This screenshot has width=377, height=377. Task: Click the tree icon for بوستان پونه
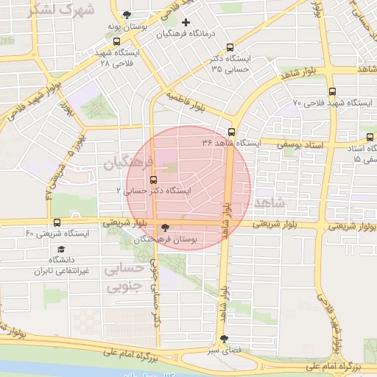128,15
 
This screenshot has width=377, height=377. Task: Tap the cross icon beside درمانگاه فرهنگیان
186,22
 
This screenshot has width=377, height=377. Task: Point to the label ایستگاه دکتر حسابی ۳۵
228,63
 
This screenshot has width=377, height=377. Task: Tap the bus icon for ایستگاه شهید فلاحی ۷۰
332,93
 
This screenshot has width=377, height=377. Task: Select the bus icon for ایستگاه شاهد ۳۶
231,132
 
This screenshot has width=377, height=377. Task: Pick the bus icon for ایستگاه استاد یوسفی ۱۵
369,137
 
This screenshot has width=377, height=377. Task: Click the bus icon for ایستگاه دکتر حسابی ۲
153,180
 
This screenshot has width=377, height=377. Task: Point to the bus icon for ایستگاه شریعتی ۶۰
57,222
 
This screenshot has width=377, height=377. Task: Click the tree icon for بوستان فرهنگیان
164,228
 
